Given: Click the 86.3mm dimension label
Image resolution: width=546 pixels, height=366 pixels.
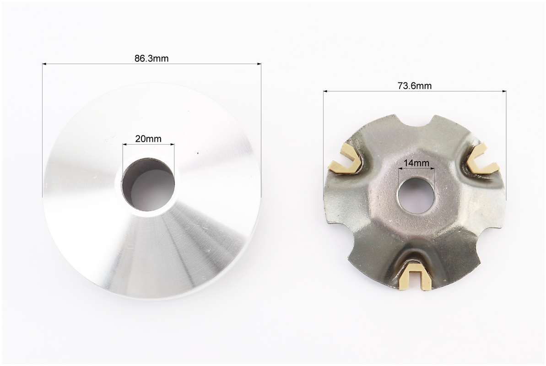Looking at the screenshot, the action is click(151, 59).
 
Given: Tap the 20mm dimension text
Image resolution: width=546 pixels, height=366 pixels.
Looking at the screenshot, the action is click(148, 139).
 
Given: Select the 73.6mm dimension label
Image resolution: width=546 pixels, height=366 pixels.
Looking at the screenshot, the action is click(415, 86).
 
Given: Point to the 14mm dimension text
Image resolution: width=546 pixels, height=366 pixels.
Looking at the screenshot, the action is click(416, 163).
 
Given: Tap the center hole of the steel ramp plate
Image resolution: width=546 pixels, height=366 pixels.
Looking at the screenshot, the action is click(416, 196).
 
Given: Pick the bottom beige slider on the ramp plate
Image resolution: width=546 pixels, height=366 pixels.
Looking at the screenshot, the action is click(416, 275).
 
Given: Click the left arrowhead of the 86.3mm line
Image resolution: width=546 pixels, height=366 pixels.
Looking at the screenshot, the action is click(44, 64).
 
